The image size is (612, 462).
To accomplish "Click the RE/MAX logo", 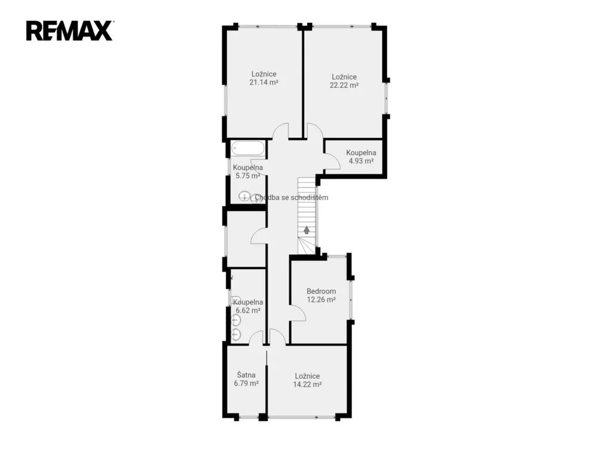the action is pos(70,31).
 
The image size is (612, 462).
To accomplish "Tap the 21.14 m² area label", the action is pos(264,82).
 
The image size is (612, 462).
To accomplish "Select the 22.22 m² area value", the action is pos(344,85).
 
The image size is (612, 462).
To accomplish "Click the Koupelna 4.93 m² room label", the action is pos(361,157).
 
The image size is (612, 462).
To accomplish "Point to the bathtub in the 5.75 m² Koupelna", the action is pos(248,149).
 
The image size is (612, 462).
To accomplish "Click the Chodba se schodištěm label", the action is pos(292,197).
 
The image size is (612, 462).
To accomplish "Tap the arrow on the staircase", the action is pos(307,230).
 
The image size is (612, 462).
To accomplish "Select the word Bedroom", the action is pos(321,291).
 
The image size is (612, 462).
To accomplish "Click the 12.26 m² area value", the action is pos(321,299).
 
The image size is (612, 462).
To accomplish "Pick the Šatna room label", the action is pos(246,375).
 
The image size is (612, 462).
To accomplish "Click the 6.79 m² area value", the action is pos(246,383).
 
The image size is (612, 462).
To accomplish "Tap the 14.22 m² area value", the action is pos(307,384).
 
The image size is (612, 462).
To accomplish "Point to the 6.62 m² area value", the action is pos(248,311).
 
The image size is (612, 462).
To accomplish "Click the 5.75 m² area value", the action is pos(248,176).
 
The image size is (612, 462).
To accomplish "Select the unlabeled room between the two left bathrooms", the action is pos(246,239).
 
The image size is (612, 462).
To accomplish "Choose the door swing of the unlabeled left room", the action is pos(258,235).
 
